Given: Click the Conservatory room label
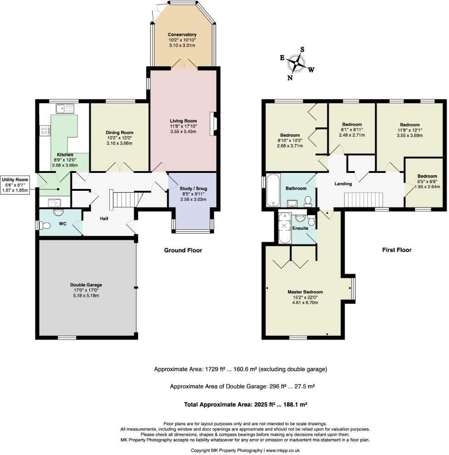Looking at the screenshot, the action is [x=182, y=34].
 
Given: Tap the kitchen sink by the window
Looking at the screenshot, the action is [x=65, y=109].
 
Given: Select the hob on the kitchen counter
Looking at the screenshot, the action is [x=45, y=131].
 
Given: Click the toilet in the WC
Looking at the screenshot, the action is [x=45, y=225].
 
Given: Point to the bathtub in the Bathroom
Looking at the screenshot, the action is [x=273, y=190].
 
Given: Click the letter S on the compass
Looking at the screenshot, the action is [x=302, y=50].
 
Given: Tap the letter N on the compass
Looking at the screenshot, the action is [x=290, y=78].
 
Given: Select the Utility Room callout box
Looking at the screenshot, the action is [x=15, y=185].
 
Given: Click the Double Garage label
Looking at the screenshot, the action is [x=86, y=285].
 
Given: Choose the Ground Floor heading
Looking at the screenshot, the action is [x=183, y=250].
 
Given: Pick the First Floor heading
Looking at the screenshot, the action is [x=397, y=250].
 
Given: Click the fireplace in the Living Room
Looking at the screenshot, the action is [x=213, y=124].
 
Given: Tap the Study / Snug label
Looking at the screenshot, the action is [x=193, y=189].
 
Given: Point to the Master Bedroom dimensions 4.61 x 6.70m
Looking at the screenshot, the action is [x=305, y=303].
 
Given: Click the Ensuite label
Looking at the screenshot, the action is [x=301, y=228].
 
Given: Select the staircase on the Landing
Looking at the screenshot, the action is [x=364, y=200].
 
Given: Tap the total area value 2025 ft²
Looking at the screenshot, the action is [x=263, y=405].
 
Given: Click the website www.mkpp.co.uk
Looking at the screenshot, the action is [x=283, y=450].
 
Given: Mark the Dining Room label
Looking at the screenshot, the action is [x=119, y=133].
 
